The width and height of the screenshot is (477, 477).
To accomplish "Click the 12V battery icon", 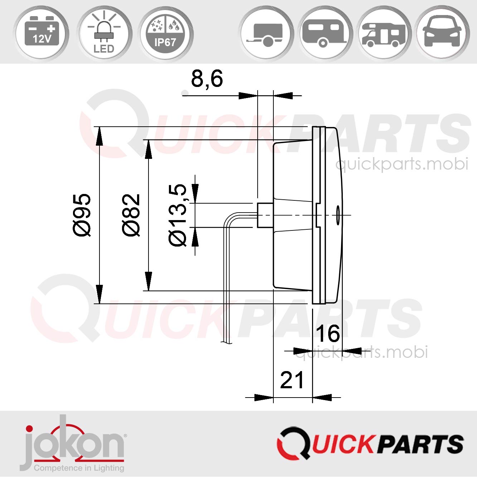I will [x=42, y=33].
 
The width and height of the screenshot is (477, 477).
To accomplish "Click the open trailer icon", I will [x=266, y=34].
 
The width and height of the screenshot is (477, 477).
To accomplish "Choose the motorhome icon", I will [x=384, y=34].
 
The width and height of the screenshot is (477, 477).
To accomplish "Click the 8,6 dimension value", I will [x=207, y=79].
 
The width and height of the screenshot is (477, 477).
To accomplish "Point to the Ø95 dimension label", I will [x=82, y=215].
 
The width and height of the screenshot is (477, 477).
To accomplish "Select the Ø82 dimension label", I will [x=131, y=215].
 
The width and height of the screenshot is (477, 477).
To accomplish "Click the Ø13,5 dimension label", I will [x=178, y=215].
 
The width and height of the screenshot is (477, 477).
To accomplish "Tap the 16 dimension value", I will [x=327, y=334].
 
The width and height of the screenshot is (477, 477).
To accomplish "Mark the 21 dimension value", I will [x=292, y=380].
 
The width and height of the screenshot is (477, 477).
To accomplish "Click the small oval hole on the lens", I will [x=337, y=215].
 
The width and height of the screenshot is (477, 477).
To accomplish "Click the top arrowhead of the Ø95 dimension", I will [x=99, y=136].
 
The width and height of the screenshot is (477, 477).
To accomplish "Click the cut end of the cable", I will [x=227, y=342].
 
